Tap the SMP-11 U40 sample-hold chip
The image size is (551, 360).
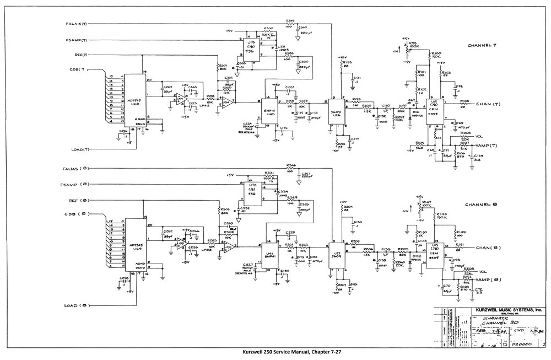pyautogui.click(x=270, y=111)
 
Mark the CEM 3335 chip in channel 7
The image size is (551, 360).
pyautogui.click(x=434, y=108)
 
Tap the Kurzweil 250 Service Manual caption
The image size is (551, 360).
pyautogui.click(x=275, y=353)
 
